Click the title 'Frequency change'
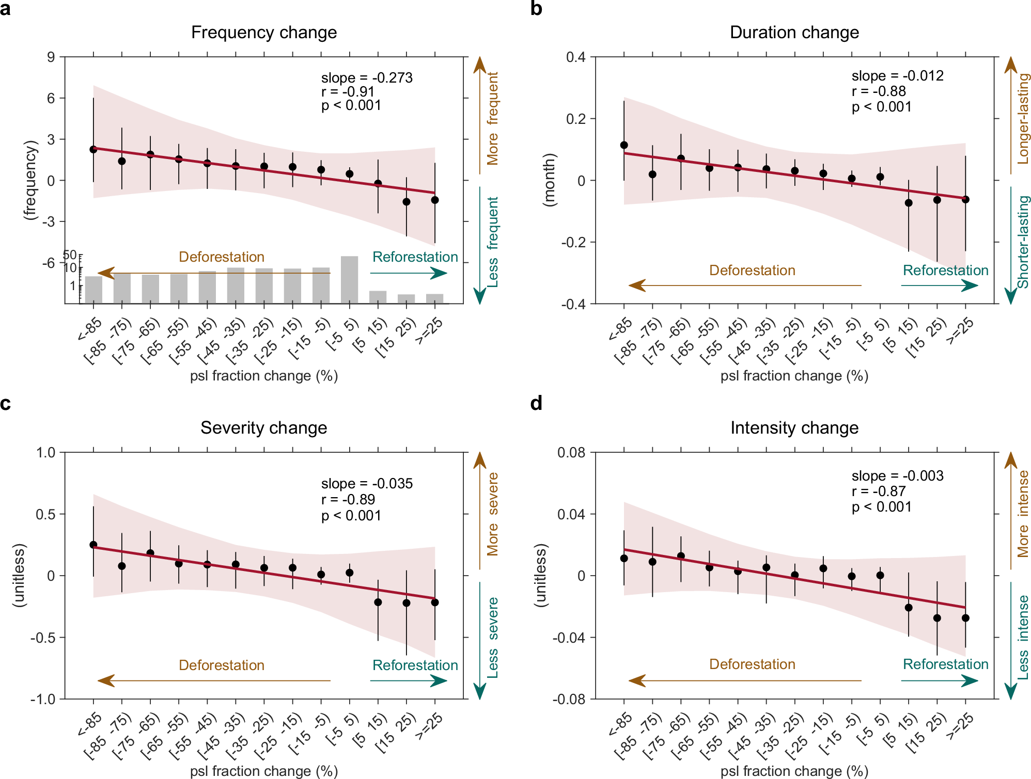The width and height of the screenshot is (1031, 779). click(263, 33)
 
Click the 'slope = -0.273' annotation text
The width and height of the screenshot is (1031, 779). click(367, 78)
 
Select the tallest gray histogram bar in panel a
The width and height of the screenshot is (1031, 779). click(349, 279)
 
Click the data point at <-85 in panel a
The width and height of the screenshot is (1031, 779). click(93, 149)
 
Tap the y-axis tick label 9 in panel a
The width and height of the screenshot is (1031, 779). click(51, 57)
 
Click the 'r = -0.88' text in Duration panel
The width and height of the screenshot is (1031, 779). click(879, 91)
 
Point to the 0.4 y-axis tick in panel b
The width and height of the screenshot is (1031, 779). click(575, 57)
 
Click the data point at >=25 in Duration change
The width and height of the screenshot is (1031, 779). click(965, 199)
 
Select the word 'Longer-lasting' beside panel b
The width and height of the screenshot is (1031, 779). click(1023, 119)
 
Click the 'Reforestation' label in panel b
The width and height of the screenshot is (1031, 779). click(945, 270)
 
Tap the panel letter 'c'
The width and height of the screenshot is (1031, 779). click(6, 403)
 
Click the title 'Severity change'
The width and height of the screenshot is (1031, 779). click(263, 428)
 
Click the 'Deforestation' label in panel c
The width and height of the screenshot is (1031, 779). click(222, 665)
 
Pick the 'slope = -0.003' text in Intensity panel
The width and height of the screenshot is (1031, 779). click(897, 475)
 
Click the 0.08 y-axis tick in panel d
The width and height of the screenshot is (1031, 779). click(571, 453)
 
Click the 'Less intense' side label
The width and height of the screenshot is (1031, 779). click(1023, 638)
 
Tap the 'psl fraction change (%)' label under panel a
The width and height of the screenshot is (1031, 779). click(263, 376)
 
